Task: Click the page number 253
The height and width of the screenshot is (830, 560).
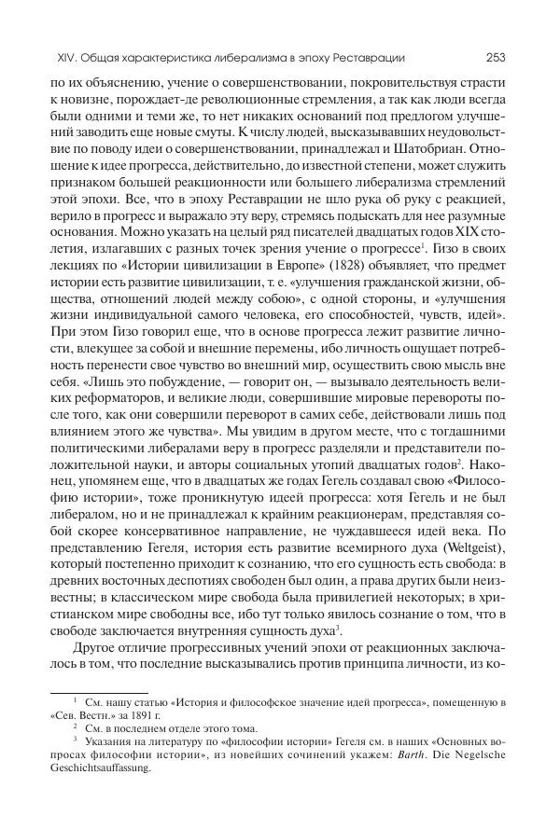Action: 496,58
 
